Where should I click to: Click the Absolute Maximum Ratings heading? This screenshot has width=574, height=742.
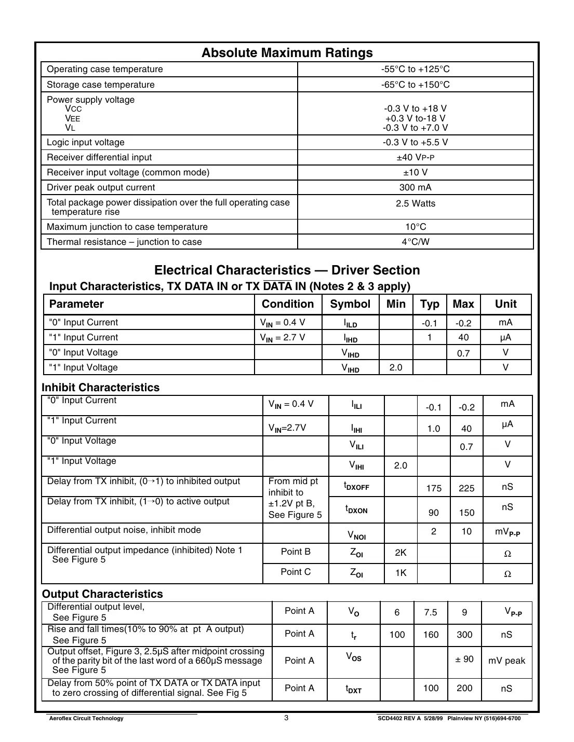287,53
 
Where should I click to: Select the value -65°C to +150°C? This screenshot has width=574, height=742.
415,85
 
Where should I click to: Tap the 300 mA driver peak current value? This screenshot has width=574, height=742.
415,187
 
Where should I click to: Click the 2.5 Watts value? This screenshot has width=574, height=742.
415,203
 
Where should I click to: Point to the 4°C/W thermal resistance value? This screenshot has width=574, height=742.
415,242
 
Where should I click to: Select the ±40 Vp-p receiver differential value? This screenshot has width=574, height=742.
415,157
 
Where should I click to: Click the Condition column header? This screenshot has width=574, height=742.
288,304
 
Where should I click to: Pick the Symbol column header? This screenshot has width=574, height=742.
350,304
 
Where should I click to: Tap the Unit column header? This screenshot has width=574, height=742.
505,304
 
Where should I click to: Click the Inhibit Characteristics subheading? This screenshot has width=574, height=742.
100,388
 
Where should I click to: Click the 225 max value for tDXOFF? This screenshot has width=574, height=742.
466,488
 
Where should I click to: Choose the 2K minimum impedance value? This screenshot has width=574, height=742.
401,553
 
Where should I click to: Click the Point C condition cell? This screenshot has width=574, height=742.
296,572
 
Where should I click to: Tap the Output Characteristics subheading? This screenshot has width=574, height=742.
102,594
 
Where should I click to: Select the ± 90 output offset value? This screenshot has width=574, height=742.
464,659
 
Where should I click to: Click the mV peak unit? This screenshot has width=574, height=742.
506,661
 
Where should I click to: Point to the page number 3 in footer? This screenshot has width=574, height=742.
286,718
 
